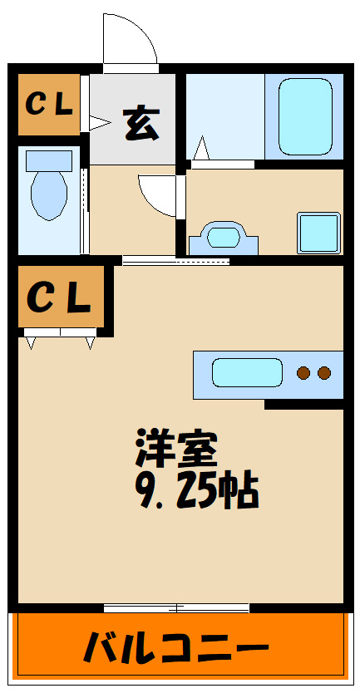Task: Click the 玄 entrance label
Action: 141,124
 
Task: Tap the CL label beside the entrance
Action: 49,105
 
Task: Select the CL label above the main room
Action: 59,297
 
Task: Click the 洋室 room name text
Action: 176,449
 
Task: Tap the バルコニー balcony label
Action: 176,647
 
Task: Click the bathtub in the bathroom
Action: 305,116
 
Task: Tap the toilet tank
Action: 49,161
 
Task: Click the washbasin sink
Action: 224,238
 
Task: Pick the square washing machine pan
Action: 318,233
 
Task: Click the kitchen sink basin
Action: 247,372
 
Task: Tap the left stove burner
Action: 303,373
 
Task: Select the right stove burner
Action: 324,373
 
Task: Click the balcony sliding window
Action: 176,608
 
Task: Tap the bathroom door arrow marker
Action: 202,148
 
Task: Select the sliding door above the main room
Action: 176,262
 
